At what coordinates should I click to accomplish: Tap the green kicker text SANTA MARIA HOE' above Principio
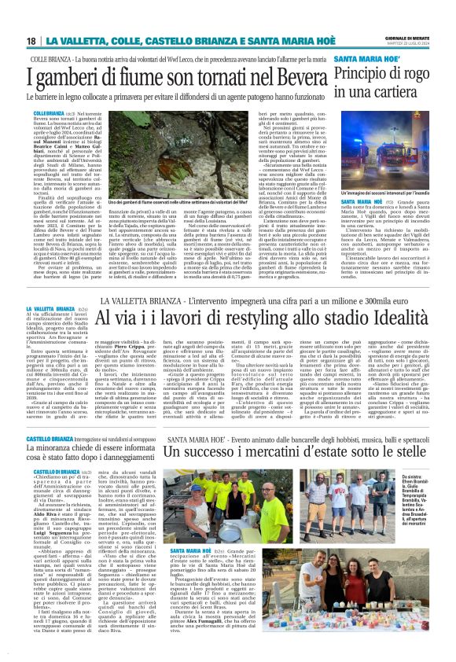tap(362, 60)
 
